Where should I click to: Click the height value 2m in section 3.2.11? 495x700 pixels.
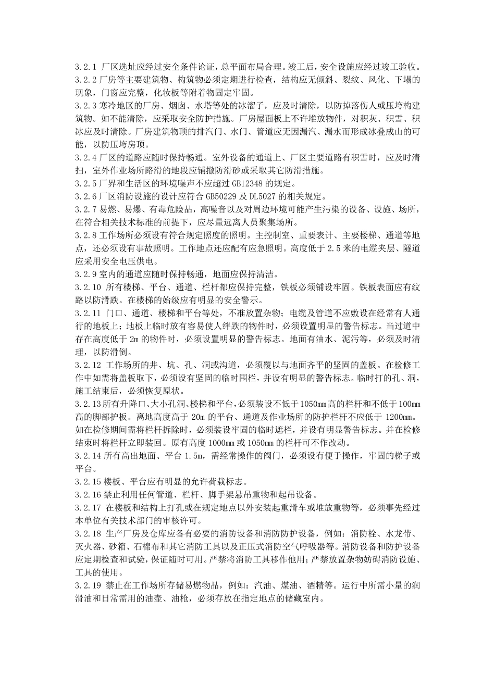point(135,339)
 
